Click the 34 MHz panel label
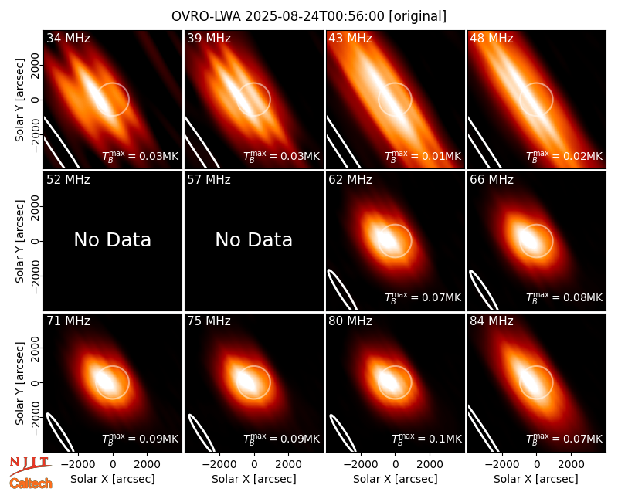tap(68, 38)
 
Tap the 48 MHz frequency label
tap(491, 38)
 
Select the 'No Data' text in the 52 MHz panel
tap(112, 239)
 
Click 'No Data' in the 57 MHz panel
tap(254, 239)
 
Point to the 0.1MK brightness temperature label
tap(426, 439)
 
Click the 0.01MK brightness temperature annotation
tap(423, 156)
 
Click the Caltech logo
tap(31, 483)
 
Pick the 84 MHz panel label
tap(491, 321)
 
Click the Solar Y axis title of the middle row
tap(19, 241)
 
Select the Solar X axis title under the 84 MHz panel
tap(536, 479)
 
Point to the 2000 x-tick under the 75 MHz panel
tap(288, 465)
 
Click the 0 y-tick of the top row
tap(36, 100)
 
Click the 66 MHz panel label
tap(491, 180)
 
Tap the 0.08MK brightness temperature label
tap(565, 297)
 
